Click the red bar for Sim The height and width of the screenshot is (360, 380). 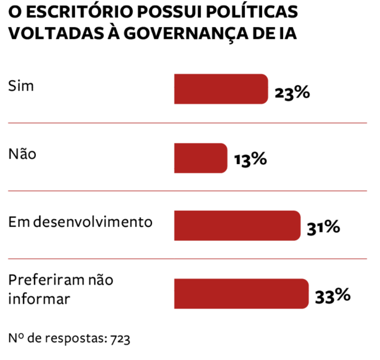pos(221,89)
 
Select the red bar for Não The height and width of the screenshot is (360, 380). pos(200,158)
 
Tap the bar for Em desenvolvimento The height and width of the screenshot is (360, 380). pos(237,226)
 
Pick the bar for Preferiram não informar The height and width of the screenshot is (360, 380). pos(241,294)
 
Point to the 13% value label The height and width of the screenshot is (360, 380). pos(250,160)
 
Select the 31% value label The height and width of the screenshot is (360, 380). pos(323,228)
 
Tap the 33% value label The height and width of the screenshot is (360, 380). pos(332,295)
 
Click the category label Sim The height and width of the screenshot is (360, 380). pos(21,86)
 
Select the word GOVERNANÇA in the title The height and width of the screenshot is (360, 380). pos(190,34)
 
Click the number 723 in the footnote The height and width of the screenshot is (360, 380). pos(119,338)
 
